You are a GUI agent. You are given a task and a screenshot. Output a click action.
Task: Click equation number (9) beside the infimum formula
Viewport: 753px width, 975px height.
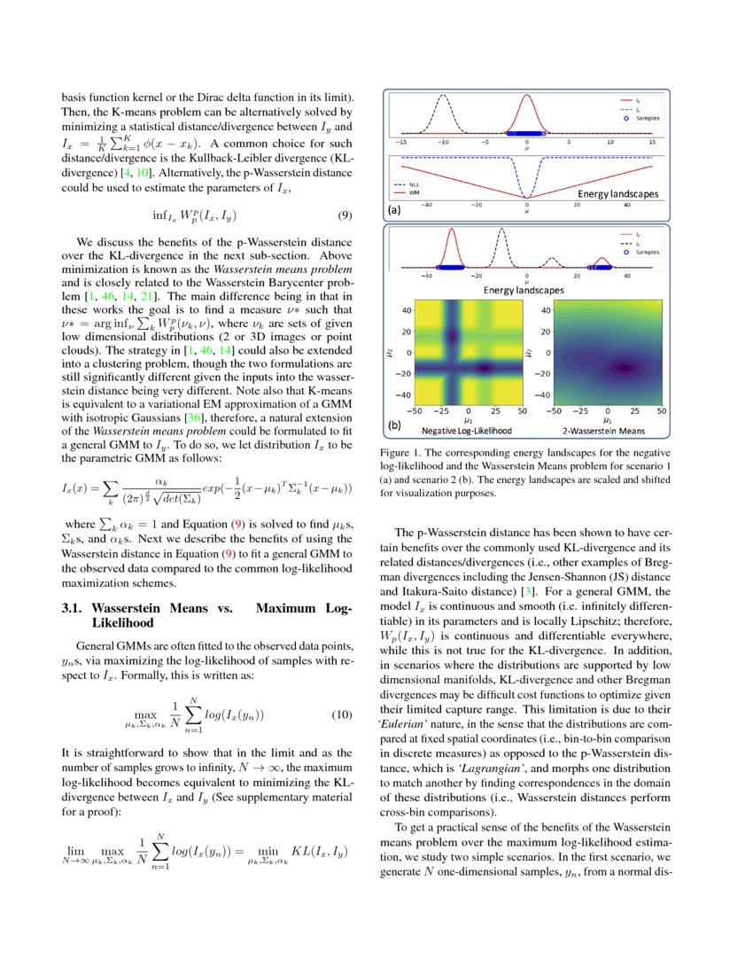point(346,215)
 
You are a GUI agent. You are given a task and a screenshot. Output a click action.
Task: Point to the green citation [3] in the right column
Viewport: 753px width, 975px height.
point(527,589)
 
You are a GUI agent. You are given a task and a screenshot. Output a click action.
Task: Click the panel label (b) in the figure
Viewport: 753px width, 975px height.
point(395,425)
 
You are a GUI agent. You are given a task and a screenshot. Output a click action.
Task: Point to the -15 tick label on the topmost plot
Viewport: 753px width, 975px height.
point(401,141)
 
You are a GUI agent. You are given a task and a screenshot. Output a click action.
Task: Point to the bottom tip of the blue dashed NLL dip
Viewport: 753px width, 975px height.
point(527,197)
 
